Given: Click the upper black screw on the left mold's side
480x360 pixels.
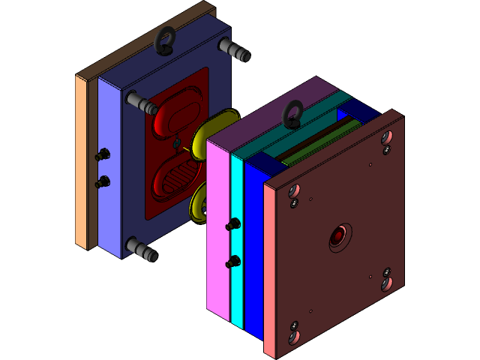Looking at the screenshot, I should click(103, 154).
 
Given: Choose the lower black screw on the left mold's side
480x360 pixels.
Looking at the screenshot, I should click(103, 181).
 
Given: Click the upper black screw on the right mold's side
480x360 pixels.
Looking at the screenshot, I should click(233, 224).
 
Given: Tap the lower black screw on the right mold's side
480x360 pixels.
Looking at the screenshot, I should click(233, 261).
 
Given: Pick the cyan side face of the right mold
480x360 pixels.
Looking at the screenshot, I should click(238, 240).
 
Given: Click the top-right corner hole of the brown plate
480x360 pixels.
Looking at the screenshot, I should click(386, 138).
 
